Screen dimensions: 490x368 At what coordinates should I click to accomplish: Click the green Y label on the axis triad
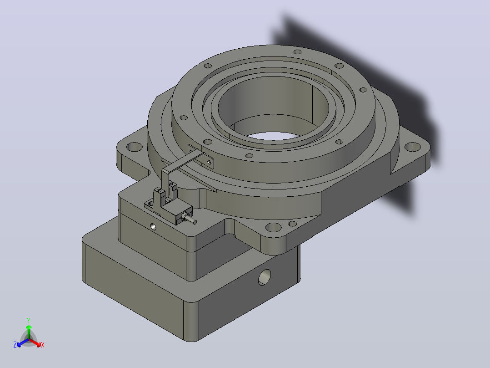point(29,320)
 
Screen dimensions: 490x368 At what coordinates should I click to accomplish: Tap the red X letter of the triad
point(43,345)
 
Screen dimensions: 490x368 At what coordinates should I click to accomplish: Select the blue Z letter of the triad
point(15,345)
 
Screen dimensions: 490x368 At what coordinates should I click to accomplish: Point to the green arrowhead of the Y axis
point(29,327)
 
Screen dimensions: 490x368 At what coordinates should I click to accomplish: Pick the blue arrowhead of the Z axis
point(19,344)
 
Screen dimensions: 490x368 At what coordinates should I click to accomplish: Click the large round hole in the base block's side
point(265,277)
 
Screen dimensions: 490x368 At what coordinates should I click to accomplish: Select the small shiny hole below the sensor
point(153,226)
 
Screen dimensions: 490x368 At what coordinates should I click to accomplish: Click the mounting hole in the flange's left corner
point(135,147)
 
